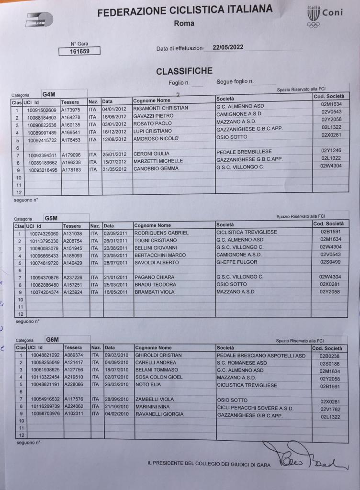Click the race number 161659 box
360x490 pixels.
(79, 51)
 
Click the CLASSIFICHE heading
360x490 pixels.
(184, 71)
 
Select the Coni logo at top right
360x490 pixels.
(324, 16)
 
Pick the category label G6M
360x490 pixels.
(53, 339)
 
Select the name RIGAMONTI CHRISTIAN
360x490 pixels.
(161, 108)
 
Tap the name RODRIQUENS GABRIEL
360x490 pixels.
(161, 233)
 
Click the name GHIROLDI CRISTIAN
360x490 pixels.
(158, 356)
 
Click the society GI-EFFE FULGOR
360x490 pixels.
(237, 262)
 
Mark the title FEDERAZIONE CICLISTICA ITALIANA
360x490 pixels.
(185, 11)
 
